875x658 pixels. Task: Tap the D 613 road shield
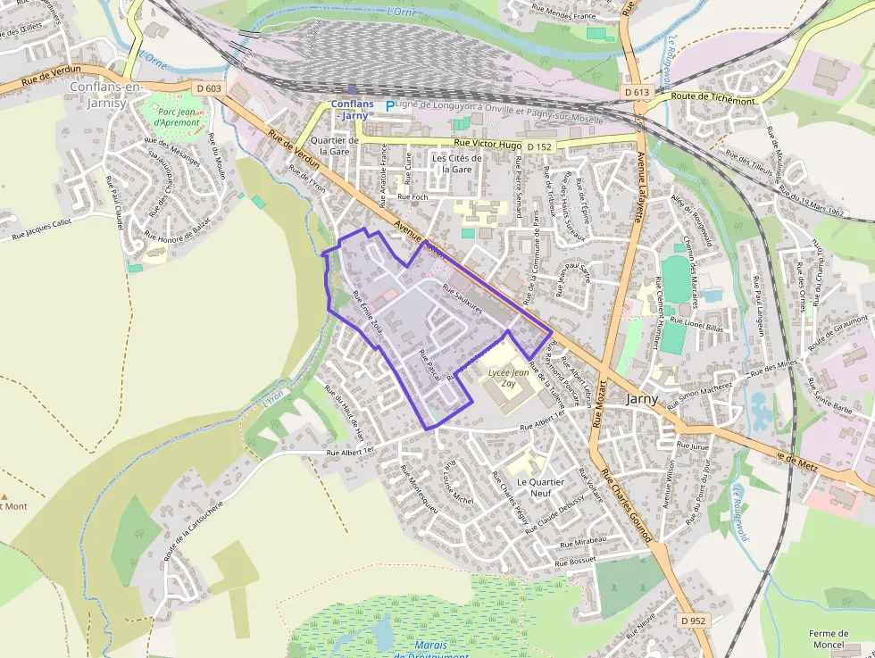click(637, 92)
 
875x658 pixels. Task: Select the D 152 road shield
click(539, 146)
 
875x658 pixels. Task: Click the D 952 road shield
click(692, 621)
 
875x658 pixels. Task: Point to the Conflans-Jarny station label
click(352, 110)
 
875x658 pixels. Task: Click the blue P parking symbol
click(389, 105)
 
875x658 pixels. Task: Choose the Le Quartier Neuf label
click(541, 487)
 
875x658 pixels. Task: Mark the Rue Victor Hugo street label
click(487, 144)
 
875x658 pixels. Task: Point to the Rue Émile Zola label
click(368, 312)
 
